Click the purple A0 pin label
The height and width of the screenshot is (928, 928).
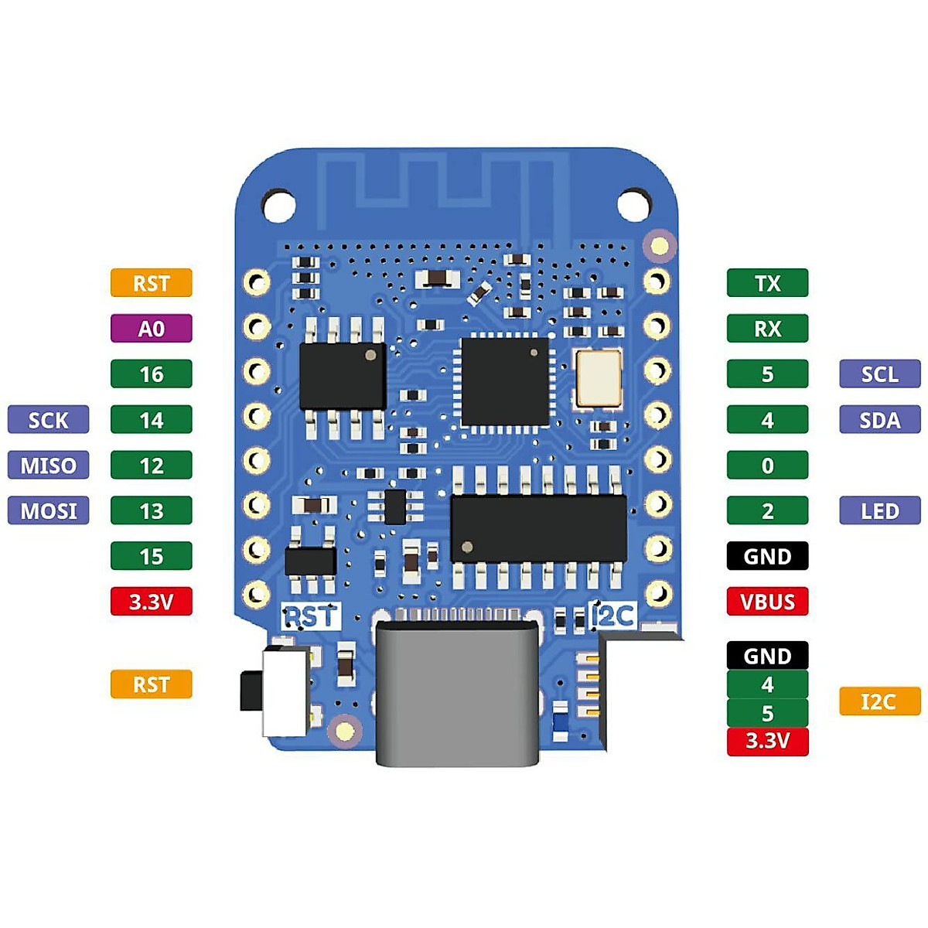pyautogui.click(x=152, y=329)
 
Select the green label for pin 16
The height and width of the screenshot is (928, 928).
pyautogui.click(x=152, y=374)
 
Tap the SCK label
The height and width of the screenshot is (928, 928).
pyautogui.click(x=48, y=419)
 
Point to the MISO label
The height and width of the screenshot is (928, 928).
pyautogui.click(x=48, y=465)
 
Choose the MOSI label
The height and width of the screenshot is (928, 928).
pyautogui.click(x=48, y=510)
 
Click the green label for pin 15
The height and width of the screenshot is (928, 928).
pyautogui.click(x=152, y=556)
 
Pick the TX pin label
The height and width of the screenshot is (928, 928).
pyautogui.click(x=767, y=283)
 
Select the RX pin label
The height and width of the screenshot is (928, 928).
pyautogui.click(x=767, y=329)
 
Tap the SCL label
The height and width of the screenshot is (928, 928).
pyautogui.click(x=880, y=374)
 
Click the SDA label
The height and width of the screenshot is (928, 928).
pyautogui.click(x=880, y=419)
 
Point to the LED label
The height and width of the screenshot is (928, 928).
pyautogui.click(x=880, y=510)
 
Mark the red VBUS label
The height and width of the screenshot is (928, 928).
pyautogui.click(x=767, y=602)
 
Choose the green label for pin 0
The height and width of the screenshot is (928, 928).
pyautogui.click(x=767, y=465)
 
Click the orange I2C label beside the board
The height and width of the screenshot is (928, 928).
pyautogui.click(x=880, y=701)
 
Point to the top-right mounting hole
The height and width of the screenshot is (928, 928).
pyautogui.click(x=634, y=205)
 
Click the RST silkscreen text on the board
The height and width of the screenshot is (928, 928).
pyautogui.click(x=311, y=616)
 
